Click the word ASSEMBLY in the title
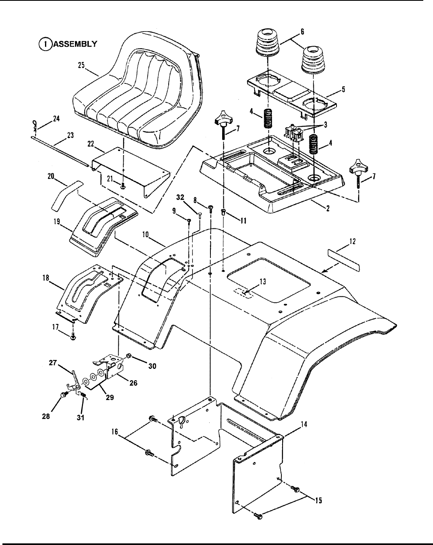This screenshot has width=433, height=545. (75, 44)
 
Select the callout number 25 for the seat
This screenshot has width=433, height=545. (81, 65)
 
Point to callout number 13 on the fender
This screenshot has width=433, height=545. (263, 282)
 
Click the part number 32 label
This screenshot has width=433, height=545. (180, 198)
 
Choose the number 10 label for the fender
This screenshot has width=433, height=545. (146, 234)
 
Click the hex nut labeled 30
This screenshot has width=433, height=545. (129, 356)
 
